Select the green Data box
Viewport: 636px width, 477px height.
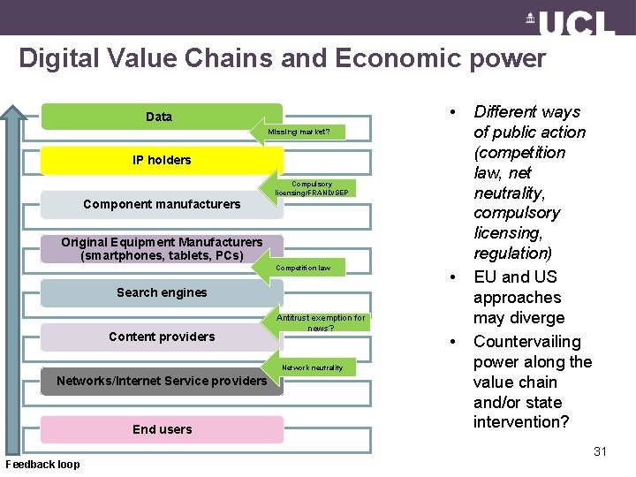coord(159,117)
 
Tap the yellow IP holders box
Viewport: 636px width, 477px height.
coord(162,160)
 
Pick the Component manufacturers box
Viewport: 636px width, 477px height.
coord(162,204)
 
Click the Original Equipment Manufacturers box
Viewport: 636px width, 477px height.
coord(162,248)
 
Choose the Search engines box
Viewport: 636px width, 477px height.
coord(162,292)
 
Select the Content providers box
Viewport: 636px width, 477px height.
coord(162,337)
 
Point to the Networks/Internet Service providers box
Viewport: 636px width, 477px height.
coord(162,381)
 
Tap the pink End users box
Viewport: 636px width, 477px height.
coord(162,429)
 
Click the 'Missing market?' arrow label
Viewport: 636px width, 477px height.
coord(301,132)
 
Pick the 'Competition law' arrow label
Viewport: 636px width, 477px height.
coord(303,268)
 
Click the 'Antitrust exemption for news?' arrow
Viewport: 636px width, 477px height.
coord(318,322)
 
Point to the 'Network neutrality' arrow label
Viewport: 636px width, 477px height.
coord(311,367)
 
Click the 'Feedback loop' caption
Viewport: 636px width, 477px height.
coord(42,465)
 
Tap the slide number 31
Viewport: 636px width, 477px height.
coord(600,451)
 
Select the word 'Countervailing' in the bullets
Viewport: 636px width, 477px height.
coord(527,342)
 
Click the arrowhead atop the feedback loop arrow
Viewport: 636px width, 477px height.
coord(13,112)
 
